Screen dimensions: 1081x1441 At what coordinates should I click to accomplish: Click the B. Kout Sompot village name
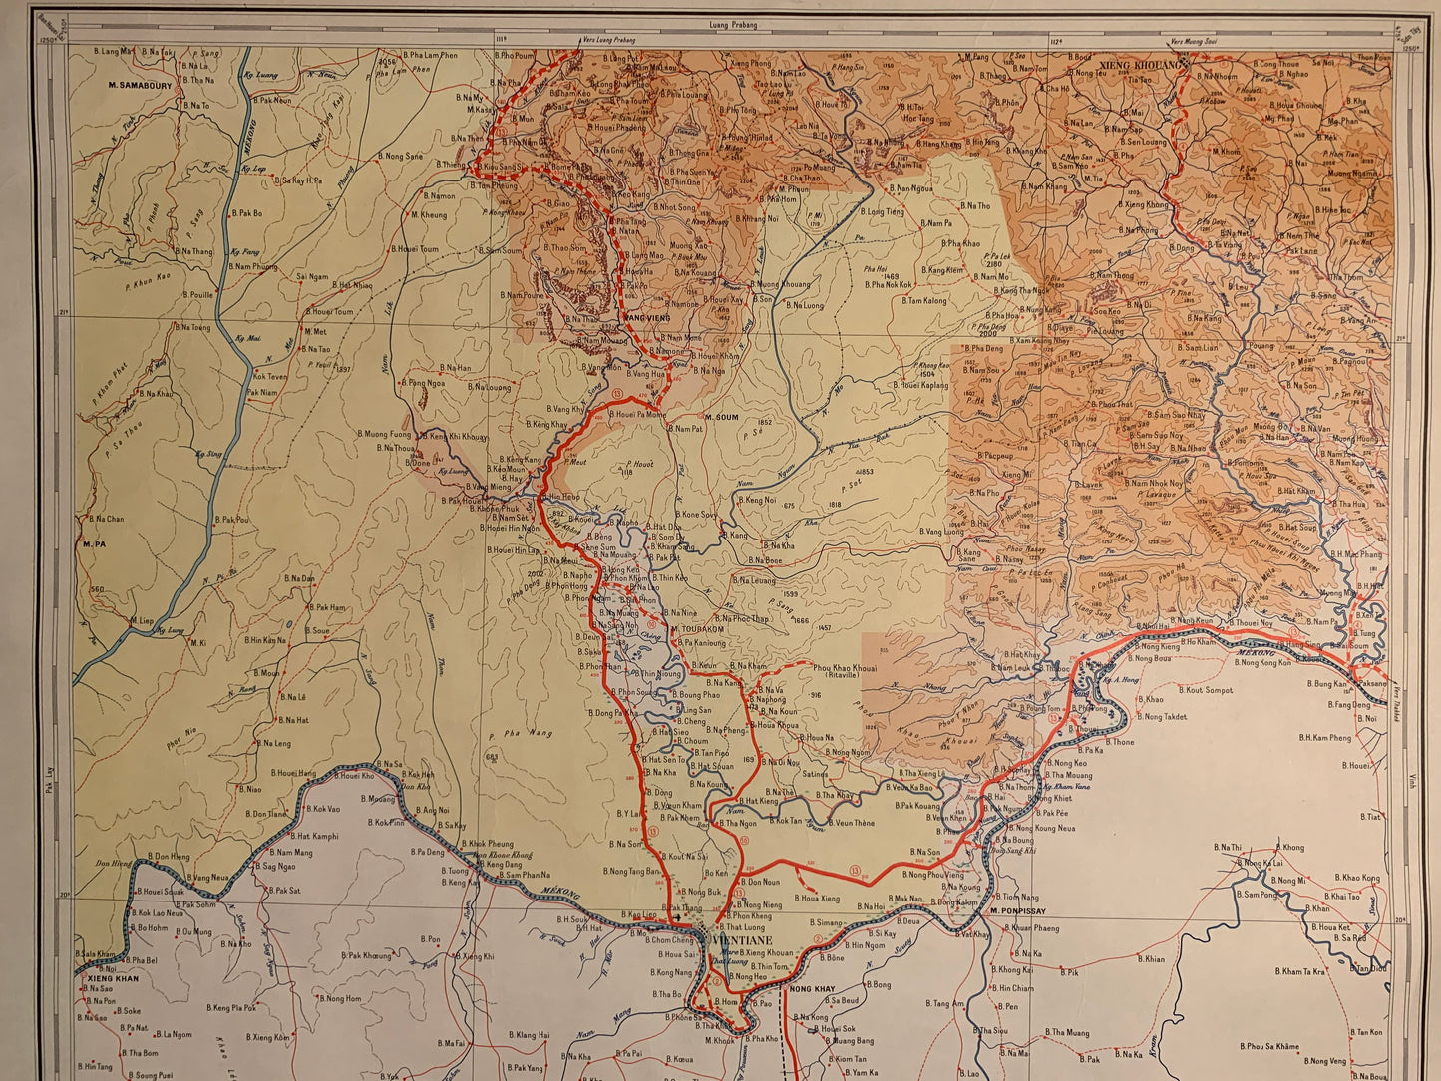(x=1210, y=690)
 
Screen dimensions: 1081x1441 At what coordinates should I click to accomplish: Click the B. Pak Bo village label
(x=247, y=213)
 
